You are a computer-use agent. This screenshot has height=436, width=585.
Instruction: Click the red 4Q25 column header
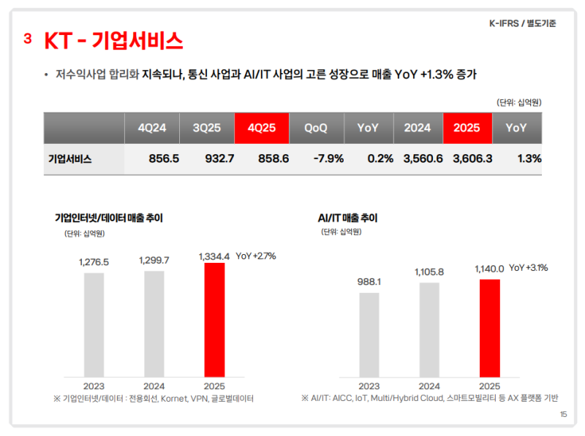click(262, 128)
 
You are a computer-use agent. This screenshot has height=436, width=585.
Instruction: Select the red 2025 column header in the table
click(467, 128)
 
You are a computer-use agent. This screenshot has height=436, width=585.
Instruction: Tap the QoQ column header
click(316, 128)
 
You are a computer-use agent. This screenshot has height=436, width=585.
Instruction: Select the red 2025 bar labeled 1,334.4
click(214, 321)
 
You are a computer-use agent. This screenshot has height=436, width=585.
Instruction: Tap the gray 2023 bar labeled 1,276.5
click(94, 326)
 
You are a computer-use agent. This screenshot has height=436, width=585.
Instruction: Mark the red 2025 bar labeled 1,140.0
click(489, 329)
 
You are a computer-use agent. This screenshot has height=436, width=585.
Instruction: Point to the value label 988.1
click(369, 281)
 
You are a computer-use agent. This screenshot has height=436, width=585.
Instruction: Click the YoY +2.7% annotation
click(256, 256)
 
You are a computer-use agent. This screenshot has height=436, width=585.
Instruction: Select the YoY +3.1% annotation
click(528, 268)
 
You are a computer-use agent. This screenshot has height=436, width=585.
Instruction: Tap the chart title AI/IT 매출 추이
click(347, 218)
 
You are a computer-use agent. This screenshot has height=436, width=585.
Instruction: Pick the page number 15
click(563, 414)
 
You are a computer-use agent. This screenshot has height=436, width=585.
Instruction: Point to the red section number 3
click(28, 39)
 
